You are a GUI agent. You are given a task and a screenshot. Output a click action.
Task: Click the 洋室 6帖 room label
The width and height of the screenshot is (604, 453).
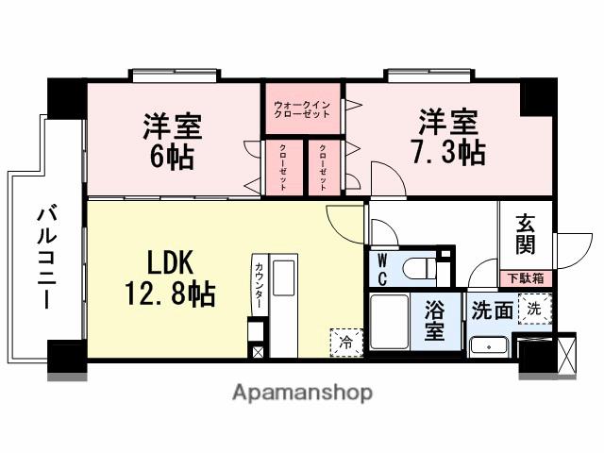[x=172, y=140]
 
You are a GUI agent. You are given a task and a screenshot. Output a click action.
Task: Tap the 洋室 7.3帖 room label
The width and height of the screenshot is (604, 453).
[x=450, y=137]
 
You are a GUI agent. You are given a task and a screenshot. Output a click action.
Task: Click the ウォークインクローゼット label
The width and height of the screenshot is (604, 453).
[x=302, y=108]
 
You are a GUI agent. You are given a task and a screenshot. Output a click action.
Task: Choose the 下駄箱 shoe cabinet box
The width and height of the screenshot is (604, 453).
[x=526, y=278]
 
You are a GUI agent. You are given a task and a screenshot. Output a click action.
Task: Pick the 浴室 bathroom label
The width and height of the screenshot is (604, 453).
[x=434, y=323]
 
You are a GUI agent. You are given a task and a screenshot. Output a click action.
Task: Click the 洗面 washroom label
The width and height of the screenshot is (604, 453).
[x=492, y=309]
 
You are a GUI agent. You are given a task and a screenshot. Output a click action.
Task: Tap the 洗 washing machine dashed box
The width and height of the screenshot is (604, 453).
[x=535, y=308]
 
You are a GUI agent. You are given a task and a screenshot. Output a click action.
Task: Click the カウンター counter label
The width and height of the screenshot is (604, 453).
[x=259, y=284]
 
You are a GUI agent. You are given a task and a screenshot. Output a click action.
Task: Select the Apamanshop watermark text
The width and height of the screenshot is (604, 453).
[x=302, y=393]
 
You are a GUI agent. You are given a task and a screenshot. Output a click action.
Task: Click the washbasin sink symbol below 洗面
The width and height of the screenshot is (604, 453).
[x=488, y=345]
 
